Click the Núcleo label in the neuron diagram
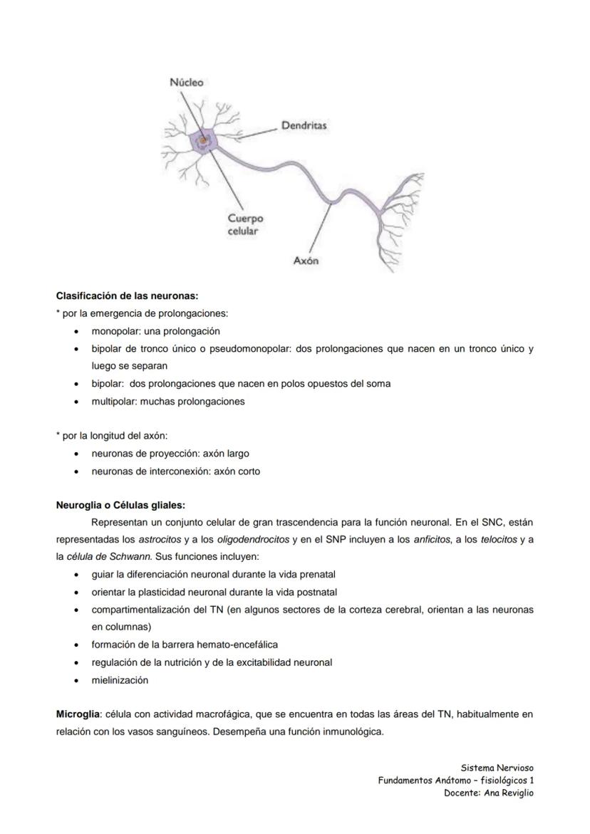[186, 83]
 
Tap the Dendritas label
[304, 125]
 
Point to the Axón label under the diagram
[306, 261]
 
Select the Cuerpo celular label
[244, 224]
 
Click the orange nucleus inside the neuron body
[203, 141]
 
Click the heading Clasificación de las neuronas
[127, 295]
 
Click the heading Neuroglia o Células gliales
[120, 505]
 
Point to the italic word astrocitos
[160, 540]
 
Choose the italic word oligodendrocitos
[253, 540]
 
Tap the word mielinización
[120, 680]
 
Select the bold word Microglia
[78, 714]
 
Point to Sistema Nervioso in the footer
[497, 768]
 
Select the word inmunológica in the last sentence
[353, 731]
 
